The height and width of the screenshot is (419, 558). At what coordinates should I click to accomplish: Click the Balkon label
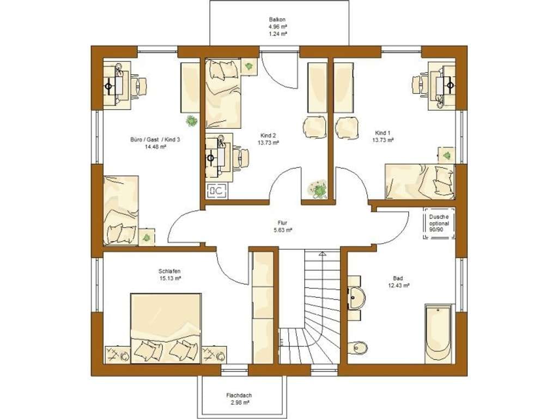tap(277, 20)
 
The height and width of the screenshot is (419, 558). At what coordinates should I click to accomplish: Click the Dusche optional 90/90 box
tap(439, 223)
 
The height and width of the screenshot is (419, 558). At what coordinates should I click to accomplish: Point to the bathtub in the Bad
tap(439, 334)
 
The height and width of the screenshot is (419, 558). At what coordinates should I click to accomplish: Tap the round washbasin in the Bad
tap(357, 298)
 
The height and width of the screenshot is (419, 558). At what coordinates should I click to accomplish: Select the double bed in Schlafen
tap(166, 328)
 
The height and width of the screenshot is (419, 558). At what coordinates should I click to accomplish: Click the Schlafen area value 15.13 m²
tap(169, 279)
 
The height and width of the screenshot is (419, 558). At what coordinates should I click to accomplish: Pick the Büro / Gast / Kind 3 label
tap(155, 140)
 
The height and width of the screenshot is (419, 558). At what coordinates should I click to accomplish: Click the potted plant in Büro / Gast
tap(192, 121)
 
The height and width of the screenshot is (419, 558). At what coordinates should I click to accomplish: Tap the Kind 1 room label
tap(383, 133)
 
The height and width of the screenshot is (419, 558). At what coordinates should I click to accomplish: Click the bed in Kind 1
tap(420, 181)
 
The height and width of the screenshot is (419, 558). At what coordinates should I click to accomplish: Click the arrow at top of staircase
tap(323, 254)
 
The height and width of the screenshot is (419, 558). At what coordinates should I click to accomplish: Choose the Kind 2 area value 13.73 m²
tap(268, 142)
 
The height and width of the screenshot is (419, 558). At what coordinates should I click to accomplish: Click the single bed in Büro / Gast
tap(121, 210)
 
